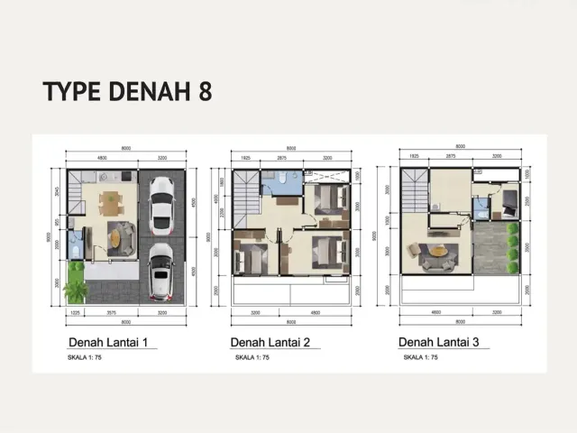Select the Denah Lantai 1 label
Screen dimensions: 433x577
pos(114,343)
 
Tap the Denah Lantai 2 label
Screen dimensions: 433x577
pos(270,343)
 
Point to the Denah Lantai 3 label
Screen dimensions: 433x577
pos(438,343)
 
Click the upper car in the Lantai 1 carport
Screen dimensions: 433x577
pos(161,206)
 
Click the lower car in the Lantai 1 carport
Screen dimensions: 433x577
pos(161,271)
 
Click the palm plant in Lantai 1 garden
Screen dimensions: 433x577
pos(76,289)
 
